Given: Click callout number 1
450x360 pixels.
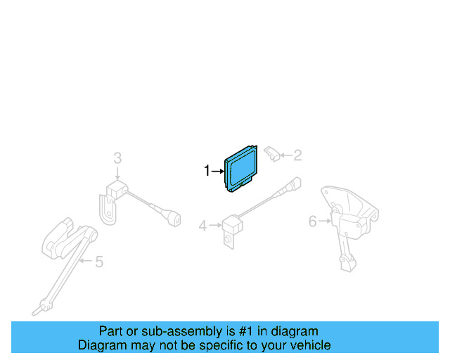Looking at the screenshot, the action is click(x=207, y=170).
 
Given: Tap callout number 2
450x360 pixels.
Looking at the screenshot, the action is click(x=297, y=155).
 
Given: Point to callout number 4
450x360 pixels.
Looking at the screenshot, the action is click(x=202, y=226).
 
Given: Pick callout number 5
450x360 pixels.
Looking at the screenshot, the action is click(x=98, y=262).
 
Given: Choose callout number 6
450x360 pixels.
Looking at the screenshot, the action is click(x=313, y=222).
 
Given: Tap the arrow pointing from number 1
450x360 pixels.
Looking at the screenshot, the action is click(x=217, y=170).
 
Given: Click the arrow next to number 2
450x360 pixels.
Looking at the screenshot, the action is click(x=285, y=155).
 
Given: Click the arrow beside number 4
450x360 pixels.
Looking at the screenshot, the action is click(x=214, y=226).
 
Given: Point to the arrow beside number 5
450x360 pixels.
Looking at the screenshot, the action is click(x=85, y=262).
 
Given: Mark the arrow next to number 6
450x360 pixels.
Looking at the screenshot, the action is click(x=325, y=222).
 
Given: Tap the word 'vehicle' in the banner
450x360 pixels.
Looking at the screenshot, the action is click(x=308, y=345).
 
